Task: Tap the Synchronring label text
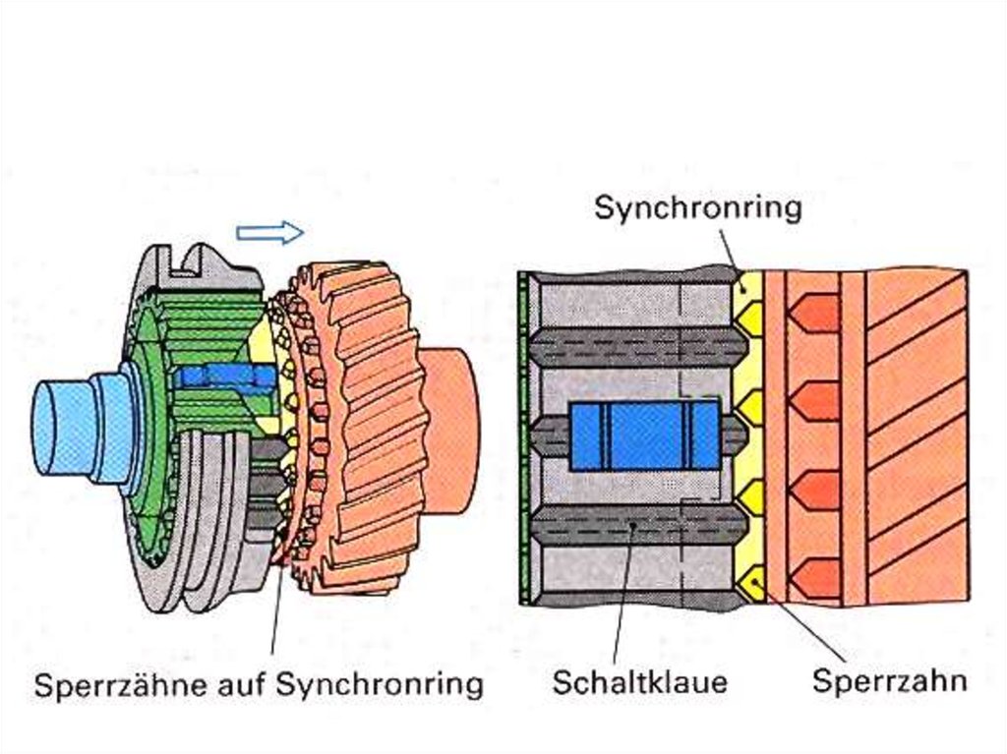(x=698, y=207)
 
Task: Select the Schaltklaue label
(x=639, y=681)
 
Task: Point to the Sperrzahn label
(x=890, y=681)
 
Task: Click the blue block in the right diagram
(x=644, y=434)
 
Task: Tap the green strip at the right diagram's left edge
(x=522, y=437)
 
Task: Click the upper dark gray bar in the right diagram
(x=634, y=346)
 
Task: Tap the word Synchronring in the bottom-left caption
(x=379, y=684)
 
